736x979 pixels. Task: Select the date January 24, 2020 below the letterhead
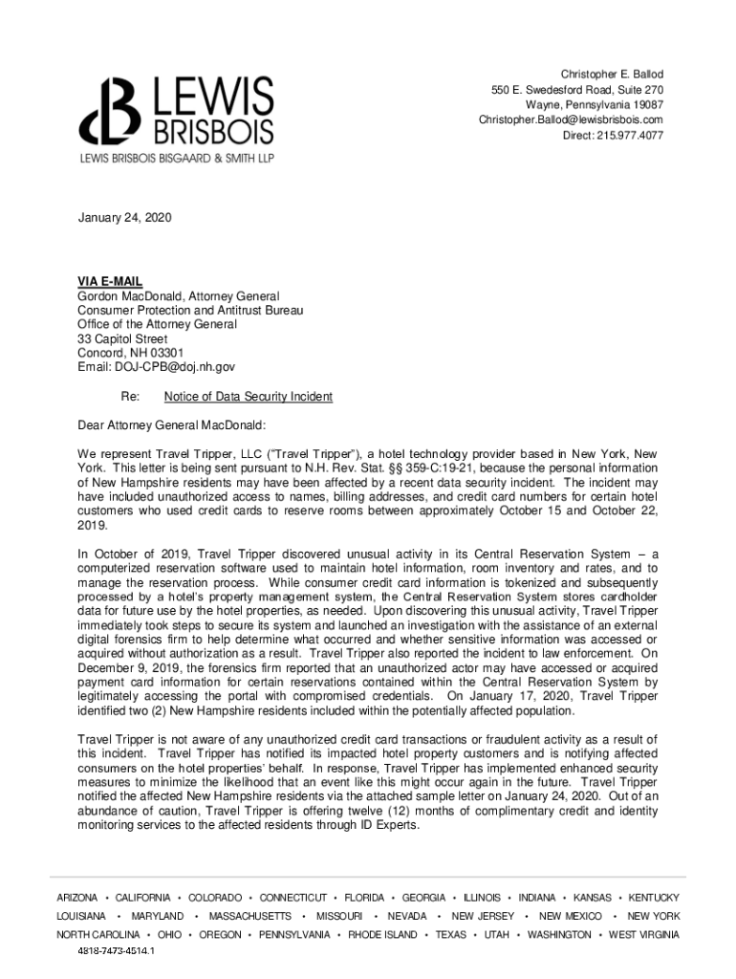(x=124, y=219)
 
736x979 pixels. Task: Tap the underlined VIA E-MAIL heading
(x=110, y=281)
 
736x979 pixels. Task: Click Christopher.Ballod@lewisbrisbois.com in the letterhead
(x=571, y=120)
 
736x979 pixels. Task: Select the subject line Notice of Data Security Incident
(x=249, y=397)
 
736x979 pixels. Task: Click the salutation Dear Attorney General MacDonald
(x=171, y=424)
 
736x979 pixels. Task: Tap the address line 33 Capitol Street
(x=122, y=339)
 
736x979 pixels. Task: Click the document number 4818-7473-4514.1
(x=116, y=951)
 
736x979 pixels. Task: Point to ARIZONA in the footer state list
(x=77, y=898)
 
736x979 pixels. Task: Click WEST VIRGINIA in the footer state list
(x=644, y=934)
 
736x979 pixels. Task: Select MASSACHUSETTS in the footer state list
(x=249, y=916)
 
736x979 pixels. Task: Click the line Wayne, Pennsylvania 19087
(x=594, y=104)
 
